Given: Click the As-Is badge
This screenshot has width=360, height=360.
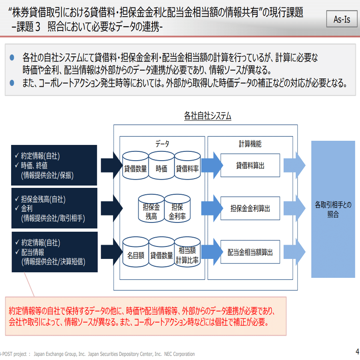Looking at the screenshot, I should pyautogui.click(x=342, y=19).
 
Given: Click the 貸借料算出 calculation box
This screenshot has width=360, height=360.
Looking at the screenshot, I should pyautogui.click(x=250, y=165).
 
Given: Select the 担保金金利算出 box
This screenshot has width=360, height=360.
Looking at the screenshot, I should pyautogui.click(x=250, y=209).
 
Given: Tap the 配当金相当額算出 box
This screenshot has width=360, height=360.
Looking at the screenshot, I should pyautogui.click(x=250, y=252).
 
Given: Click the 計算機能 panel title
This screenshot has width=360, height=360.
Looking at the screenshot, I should pyautogui.click(x=250, y=144).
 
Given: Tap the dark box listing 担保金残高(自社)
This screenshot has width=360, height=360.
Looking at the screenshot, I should pyautogui.click(x=54, y=209).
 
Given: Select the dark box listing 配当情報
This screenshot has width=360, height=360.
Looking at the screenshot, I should pyautogui.click(x=54, y=252).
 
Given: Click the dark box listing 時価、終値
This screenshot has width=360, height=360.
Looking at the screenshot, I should pyautogui.click(x=54, y=165).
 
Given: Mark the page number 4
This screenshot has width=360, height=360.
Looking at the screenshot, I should pyautogui.click(x=357, y=350).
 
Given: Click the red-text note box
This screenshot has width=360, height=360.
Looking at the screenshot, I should pyautogui.click(x=145, y=316).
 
